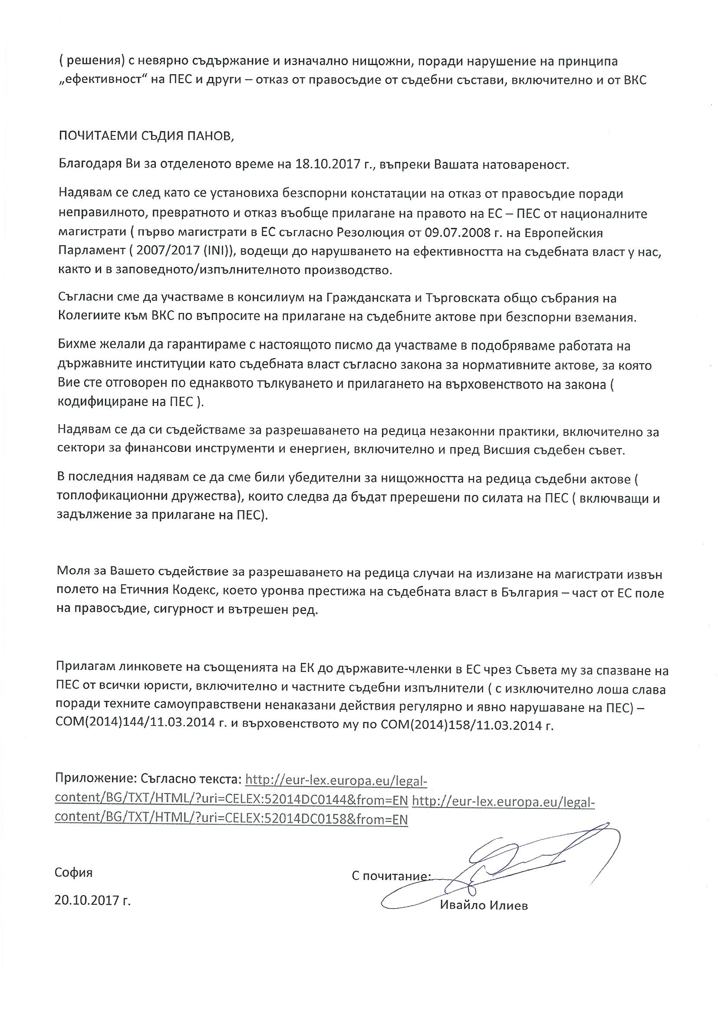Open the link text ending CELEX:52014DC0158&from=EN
pyautogui.click(x=230, y=819)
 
